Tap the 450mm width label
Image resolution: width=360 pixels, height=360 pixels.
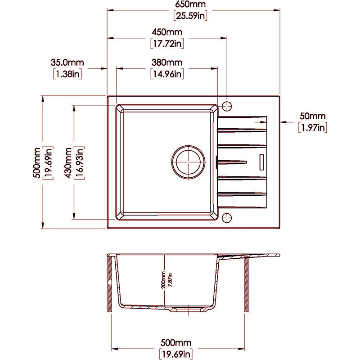click(x=167, y=33)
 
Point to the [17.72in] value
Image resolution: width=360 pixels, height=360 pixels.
click(x=167, y=44)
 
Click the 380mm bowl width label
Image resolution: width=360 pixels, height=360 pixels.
click(x=166, y=62)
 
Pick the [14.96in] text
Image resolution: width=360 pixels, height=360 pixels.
click(x=166, y=73)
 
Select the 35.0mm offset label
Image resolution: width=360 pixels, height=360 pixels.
click(x=68, y=62)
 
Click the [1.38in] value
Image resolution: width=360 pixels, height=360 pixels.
click(x=67, y=73)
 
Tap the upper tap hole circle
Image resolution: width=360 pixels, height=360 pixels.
click(x=227, y=105)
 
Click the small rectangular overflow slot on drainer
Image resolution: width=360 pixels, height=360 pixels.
click(x=261, y=160)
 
